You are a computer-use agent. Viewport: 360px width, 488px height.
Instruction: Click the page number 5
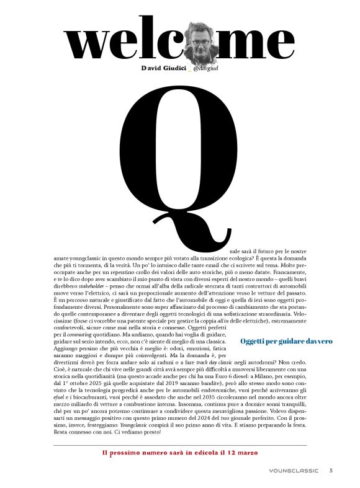click(x=331, y=471)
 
